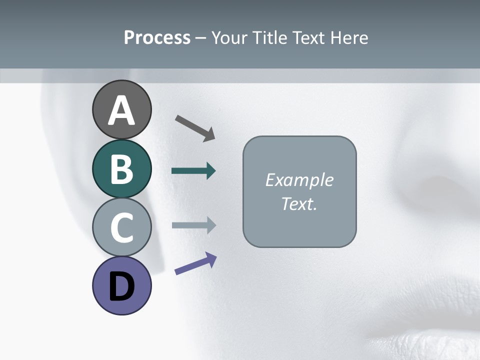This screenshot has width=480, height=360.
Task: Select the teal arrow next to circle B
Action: point(193,171)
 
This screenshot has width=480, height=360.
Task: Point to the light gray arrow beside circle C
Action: point(193,225)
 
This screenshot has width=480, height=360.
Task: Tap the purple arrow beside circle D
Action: point(196,263)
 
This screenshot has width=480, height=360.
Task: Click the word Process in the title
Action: point(157,38)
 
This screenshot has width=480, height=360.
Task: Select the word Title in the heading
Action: point(270,38)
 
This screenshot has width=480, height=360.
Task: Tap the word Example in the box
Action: point(299,180)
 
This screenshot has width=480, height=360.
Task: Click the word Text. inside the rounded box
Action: point(299,203)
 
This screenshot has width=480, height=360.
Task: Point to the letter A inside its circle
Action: point(122,110)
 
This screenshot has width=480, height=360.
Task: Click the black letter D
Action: point(121,286)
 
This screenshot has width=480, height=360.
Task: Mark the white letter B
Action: point(121,169)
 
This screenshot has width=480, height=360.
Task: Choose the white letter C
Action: point(121,227)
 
